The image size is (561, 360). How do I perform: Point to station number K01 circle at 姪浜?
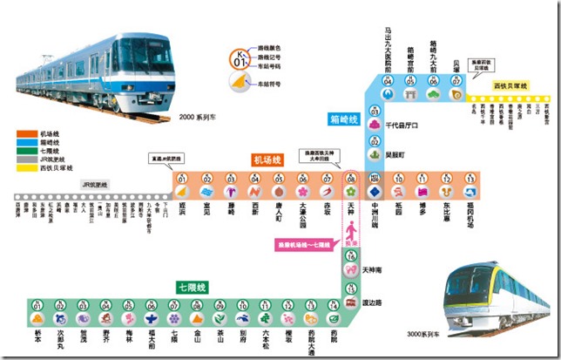(x=183, y=180)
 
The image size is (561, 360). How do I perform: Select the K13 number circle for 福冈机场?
(x=470, y=180)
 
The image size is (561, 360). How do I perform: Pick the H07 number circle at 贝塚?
(x=456, y=81)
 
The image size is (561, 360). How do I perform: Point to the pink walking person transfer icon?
(x=351, y=234)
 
